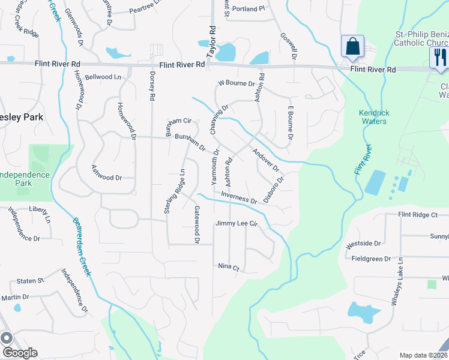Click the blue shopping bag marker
[x=352, y=47]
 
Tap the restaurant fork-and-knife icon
[x=439, y=58]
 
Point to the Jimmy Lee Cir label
[x=237, y=224]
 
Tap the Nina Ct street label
[x=228, y=267]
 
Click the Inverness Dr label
[x=239, y=197]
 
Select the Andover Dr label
[x=266, y=161]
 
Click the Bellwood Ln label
[x=103, y=77]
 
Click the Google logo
[x=19, y=353]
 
